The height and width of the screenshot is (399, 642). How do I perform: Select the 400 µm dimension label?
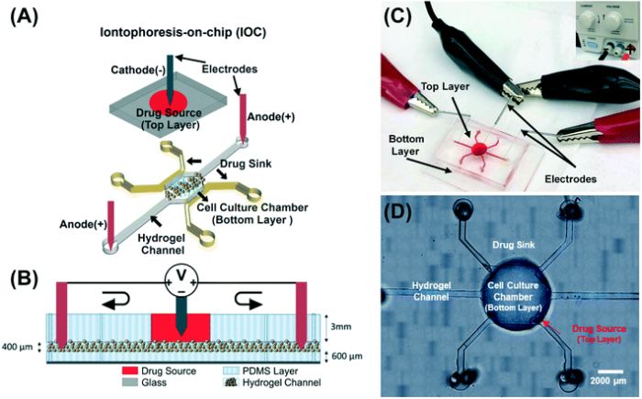pos(21,348)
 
